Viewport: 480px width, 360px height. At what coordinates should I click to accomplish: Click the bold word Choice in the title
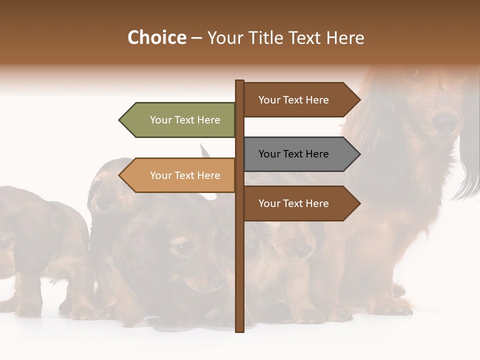[x=156, y=37]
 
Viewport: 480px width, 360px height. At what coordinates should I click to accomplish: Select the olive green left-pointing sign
[x=180, y=120]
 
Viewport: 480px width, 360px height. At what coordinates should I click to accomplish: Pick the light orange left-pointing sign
[x=180, y=175]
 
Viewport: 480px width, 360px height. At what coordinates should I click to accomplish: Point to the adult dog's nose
[x=444, y=122]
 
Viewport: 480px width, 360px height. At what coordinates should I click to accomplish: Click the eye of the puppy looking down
[x=183, y=246]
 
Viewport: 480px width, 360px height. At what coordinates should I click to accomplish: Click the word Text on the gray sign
[x=293, y=154]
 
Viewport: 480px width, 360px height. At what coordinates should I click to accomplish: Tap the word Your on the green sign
[x=161, y=120]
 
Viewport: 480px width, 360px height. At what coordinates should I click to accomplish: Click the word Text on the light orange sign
[x=185, y=175]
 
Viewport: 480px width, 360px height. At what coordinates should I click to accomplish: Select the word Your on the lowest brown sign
[x=269, y=203]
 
